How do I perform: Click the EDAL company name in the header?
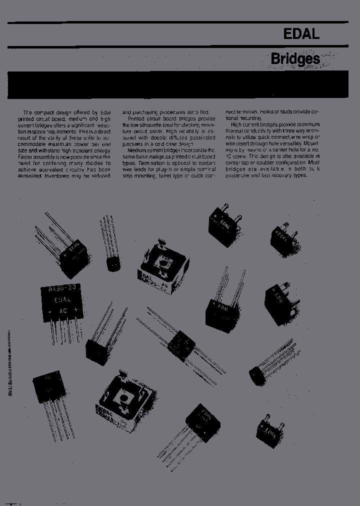pos(301,34)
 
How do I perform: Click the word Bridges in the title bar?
pos(295,59)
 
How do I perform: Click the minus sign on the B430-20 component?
pos(49,311)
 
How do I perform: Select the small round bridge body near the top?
pos(113,263)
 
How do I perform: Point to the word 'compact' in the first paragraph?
pos(44,112)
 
